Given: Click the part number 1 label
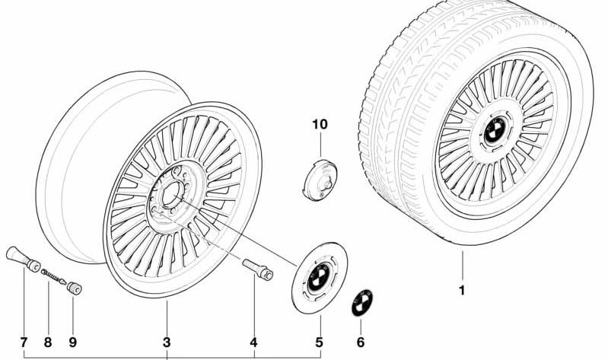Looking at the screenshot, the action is (462, 291).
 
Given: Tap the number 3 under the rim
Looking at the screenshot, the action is (167, 342).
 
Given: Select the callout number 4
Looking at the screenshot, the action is (253, 342).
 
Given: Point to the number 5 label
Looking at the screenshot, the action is (319, 342).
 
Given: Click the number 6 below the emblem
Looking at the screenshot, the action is (361, 342).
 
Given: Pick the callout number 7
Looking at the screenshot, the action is (24, 342).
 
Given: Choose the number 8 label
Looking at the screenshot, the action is (48, 342).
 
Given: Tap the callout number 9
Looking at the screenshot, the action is (73, 342).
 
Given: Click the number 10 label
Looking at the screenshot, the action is (320, 125).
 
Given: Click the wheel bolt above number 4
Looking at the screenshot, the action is (258, 269).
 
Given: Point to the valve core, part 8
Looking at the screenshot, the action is (54, 276).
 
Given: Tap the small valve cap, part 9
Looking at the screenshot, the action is (74, 288).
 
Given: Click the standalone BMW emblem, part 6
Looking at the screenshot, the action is (361, 303).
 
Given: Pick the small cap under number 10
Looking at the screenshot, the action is (320, 180).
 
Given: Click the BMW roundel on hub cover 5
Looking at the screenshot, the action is (319, 277).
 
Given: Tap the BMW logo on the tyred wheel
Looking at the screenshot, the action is (495, 130).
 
